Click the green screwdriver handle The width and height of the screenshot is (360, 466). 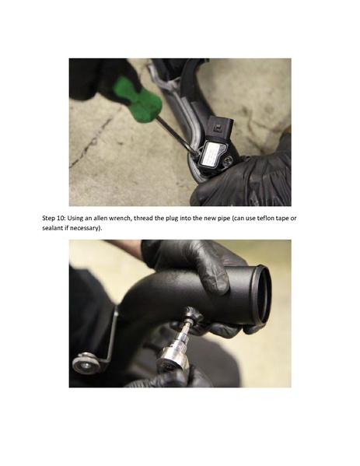pyautogui.click(x=138, y=99)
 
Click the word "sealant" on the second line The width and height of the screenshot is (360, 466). pyautogui.click(x=54, y=229)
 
